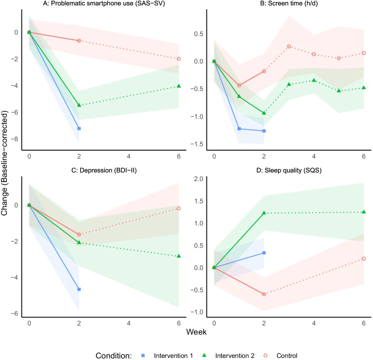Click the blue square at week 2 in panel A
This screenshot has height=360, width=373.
tap(79, 128)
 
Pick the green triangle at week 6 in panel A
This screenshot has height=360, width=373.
tap(179, 86)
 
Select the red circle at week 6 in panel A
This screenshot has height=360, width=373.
tap(179, 59)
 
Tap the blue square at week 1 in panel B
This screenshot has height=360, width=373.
tap(239, 129)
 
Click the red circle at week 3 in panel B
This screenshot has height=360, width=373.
tap(289, 47)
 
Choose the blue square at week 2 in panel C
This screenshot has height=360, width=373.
tap(79, 289)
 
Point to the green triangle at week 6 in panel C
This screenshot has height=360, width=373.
tap(179, 256)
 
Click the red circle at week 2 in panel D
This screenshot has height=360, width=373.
tap(264, 294)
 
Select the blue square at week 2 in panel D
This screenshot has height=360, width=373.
tap(264, 253)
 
